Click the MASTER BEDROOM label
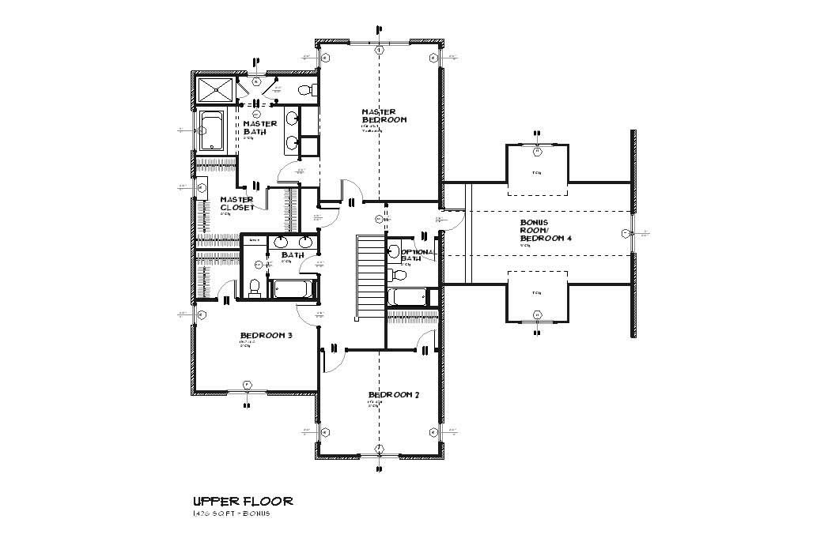(384, 115)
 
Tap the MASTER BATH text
(259, 127)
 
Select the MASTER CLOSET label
(237, 203)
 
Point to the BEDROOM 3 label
(267, 335)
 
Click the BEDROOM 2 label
(393, 394)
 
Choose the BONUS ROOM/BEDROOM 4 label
(545, 231)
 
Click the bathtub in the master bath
(212, 130)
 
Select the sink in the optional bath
(393, 252)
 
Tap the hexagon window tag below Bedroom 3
(247, 385)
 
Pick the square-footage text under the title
(232, 514)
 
